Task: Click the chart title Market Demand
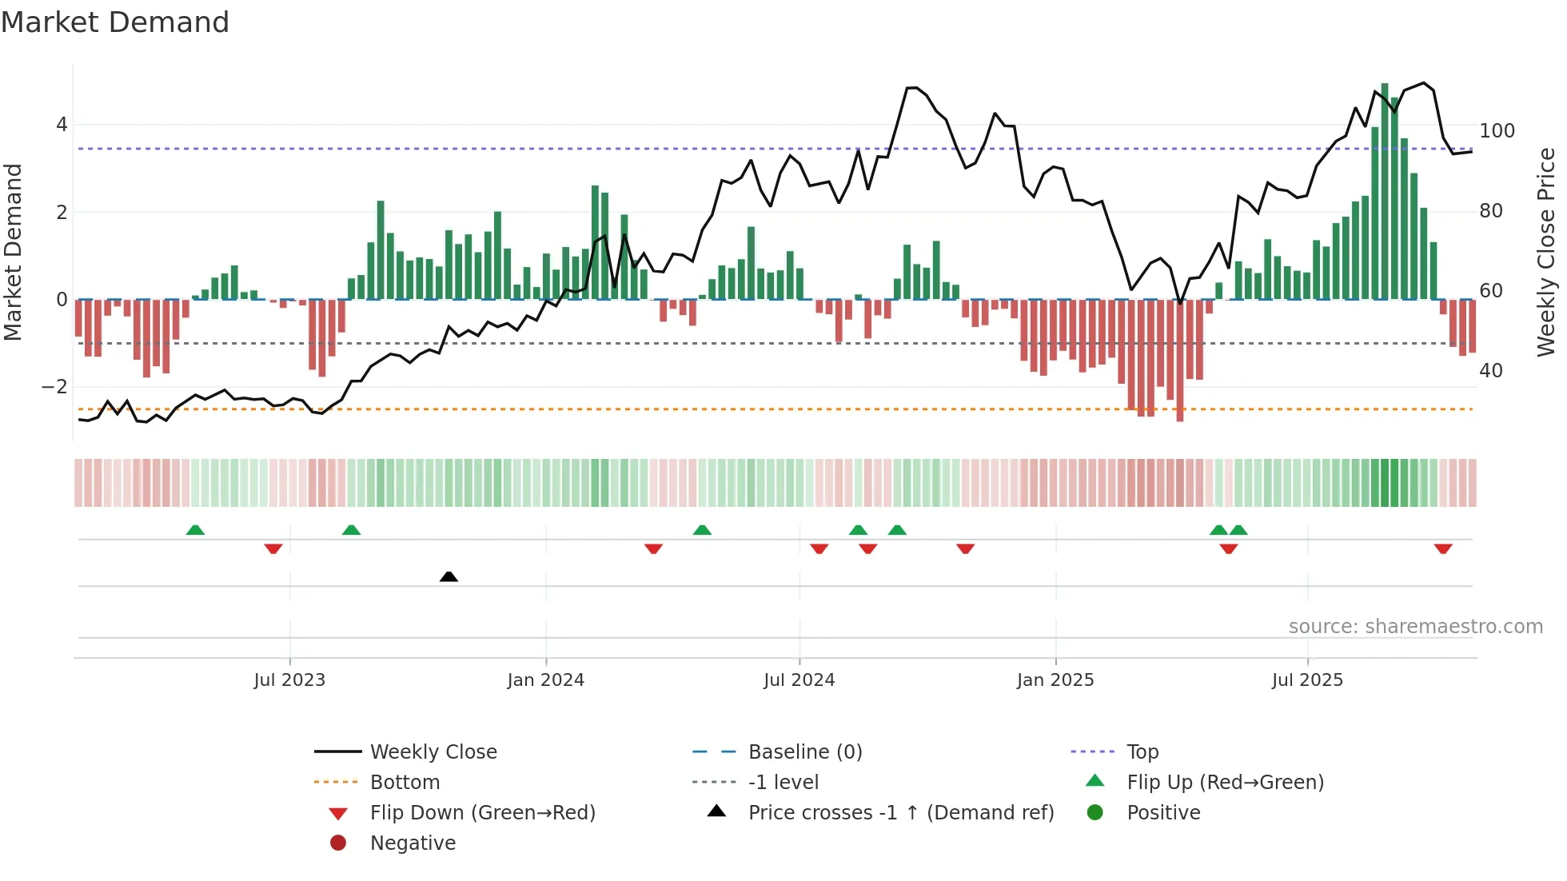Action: [x=115, y=22]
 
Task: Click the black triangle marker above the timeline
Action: [x=449, y=576]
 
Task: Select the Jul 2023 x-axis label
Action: [x=289, y=680]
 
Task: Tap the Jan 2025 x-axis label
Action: [x=1055, y=680]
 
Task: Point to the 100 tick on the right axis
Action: [x=1497, y=130]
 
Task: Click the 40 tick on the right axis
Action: [x=1490, y=370]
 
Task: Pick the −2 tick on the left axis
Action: [x=54, y=387]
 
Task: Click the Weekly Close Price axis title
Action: [x=1546, y=252]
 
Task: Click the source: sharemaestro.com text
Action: [x=1415, y=627]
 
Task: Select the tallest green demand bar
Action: [x=1385, y=192]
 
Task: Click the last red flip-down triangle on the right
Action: [x=1443, y=548]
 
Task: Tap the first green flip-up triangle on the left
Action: [x=195, y=530]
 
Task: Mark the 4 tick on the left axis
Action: [x=62, y=125]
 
